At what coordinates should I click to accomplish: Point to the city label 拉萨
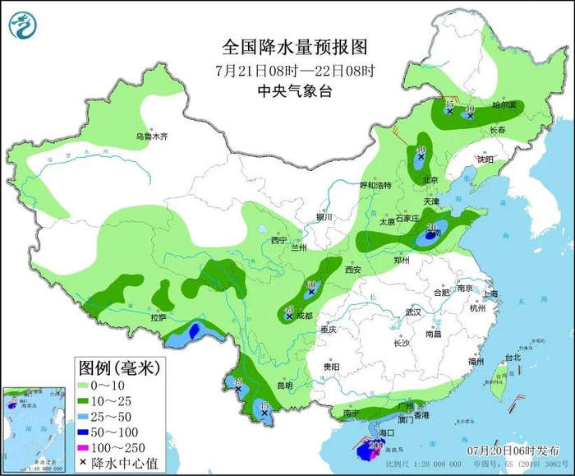[x=158, y=317]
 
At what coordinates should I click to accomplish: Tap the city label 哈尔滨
[x=504, y=105]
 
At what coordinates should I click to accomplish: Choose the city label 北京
[x=430, y=180]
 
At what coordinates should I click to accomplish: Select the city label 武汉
[x=412, y=312]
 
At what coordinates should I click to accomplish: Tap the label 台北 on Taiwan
[x=513, y=358]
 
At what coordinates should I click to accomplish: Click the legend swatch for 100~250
[x=91, y=447]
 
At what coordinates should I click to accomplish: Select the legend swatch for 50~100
[x=91, y=432]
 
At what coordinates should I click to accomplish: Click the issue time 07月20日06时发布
[x=508, y=451]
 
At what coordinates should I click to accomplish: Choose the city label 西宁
[x=279, y=241]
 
